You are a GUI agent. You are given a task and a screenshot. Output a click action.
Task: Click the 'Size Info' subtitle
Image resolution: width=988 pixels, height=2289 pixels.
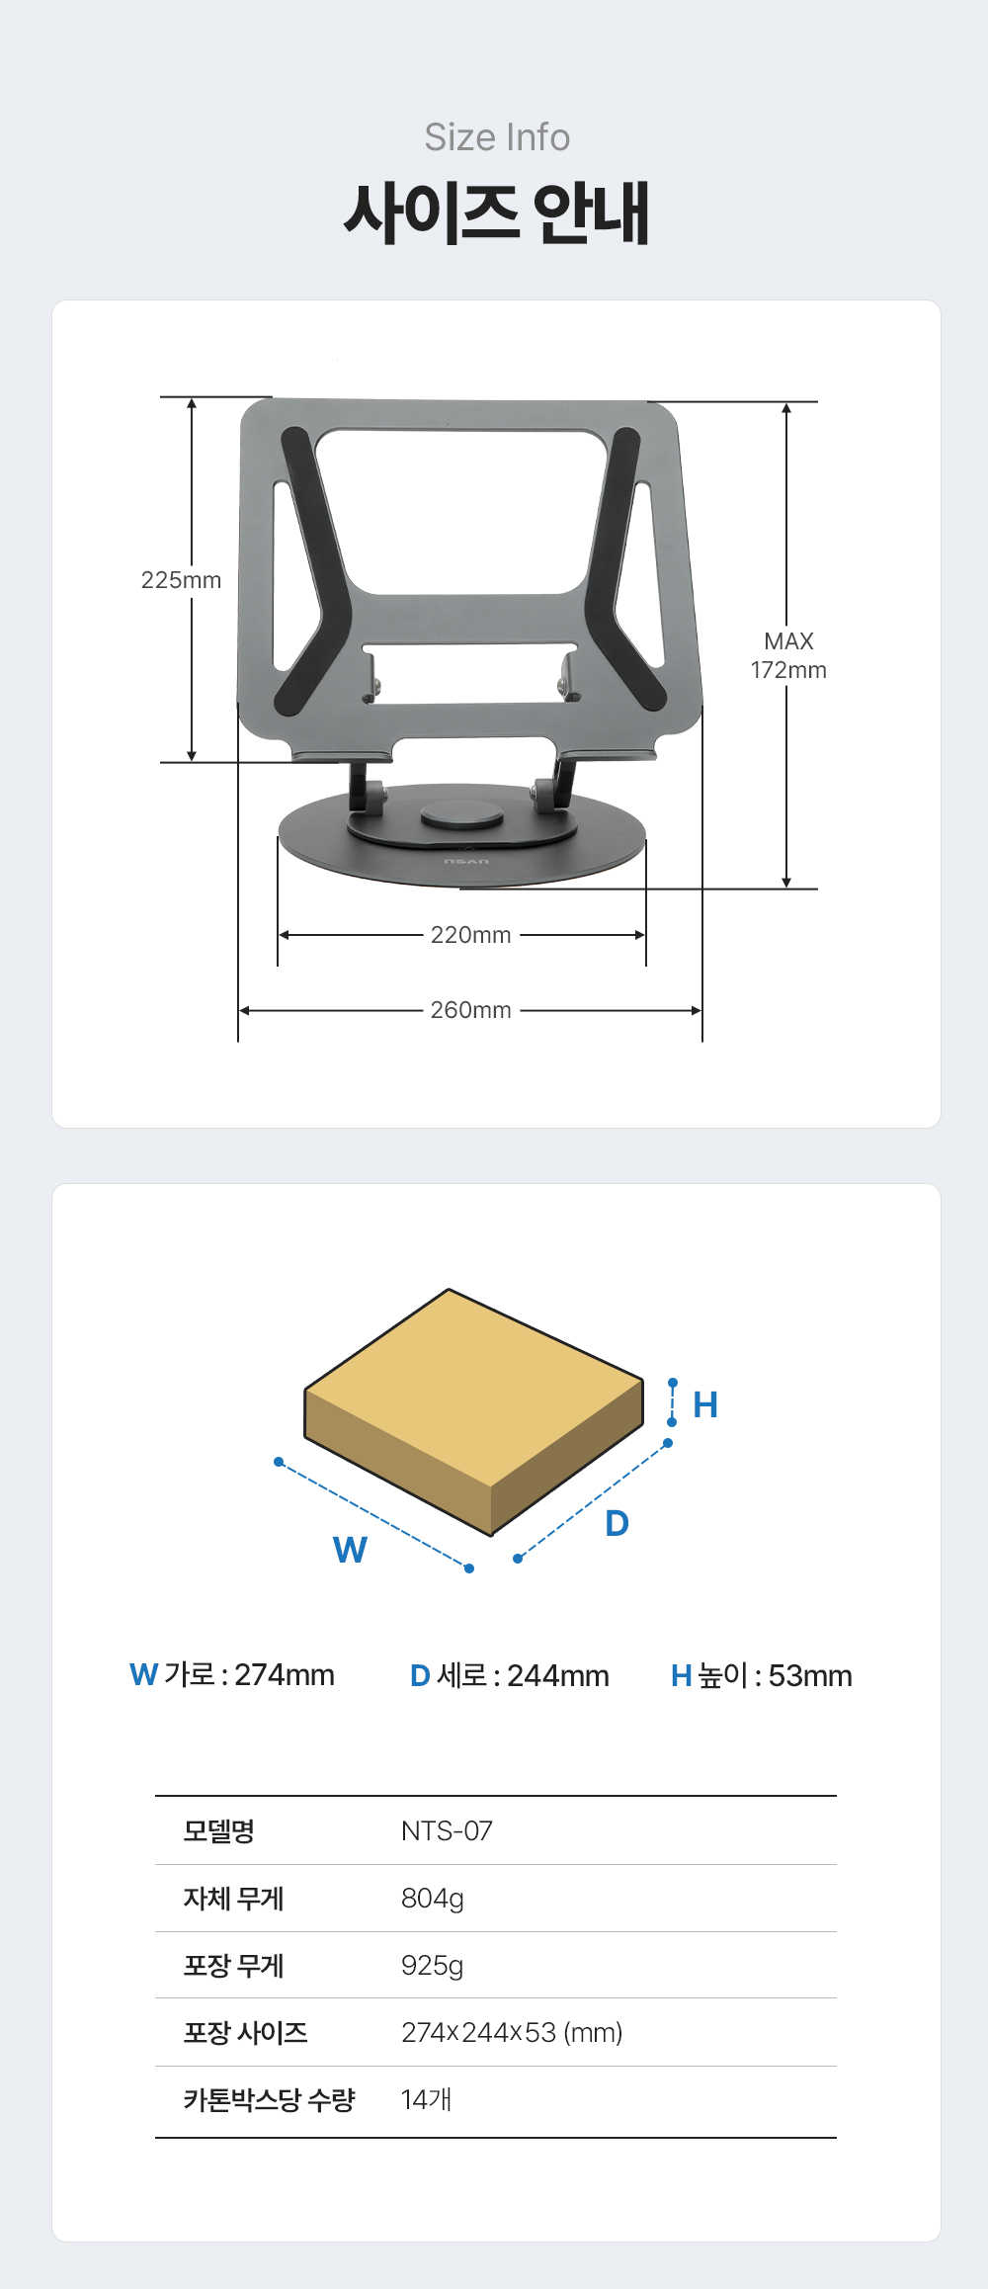[x=497, y=137]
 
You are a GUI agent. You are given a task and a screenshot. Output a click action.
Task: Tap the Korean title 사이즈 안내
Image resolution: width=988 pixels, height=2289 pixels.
[x=497, y=212]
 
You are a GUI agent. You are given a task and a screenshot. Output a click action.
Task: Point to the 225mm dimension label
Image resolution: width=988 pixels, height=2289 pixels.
[x=181, y=580]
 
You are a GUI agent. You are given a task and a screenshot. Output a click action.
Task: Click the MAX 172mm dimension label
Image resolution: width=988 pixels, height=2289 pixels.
[x=788, y=655]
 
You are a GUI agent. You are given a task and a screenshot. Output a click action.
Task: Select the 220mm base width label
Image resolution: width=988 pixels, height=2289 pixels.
[x=471, y=935]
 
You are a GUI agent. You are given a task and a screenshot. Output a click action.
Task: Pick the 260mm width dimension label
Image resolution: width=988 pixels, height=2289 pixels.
[x=471, y=1010]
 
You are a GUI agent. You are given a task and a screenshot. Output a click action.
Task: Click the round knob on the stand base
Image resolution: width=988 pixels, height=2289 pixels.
[x=462, y=815]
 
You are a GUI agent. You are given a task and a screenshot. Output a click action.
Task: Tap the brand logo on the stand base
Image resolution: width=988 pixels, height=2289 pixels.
[x=466, y=862]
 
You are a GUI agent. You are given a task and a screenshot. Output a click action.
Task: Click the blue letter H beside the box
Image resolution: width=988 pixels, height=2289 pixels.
[x=705, y=1404]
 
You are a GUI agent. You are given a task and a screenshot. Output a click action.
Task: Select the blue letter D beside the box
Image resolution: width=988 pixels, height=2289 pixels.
[x=617, y=1523]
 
